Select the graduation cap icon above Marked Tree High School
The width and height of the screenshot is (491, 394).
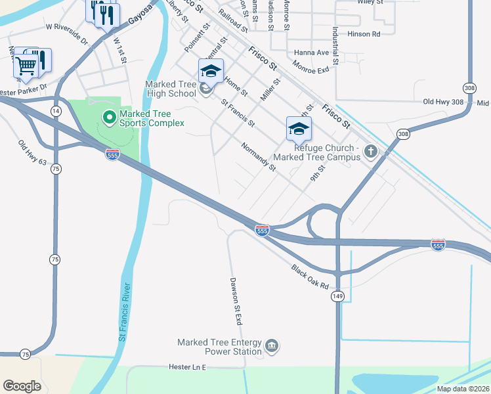coord(211,71)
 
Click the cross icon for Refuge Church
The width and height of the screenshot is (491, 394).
coord(371,152)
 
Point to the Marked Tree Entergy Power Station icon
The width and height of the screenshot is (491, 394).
coord(272,345)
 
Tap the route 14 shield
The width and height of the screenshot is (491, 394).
coord(56,112)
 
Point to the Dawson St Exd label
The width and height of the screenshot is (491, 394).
coord(236,301)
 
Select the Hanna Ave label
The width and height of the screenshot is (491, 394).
coord(310,53)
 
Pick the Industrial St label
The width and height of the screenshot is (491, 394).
coord(335,46)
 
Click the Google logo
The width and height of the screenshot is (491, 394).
coord(22,386)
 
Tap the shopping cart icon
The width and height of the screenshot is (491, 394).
coord(26,64)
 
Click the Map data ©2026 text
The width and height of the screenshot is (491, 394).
coord(463,389)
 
